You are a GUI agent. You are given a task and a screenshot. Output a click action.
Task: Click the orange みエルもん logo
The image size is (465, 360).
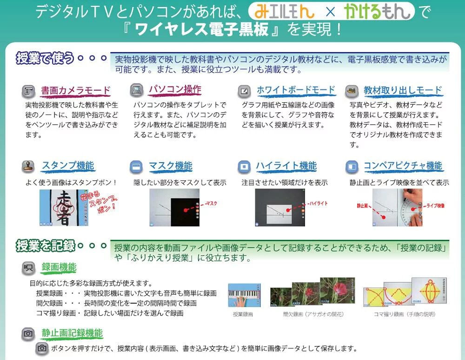[x=284, y=12]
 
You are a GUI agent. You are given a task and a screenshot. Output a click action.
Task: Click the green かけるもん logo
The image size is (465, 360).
[x=377, y=11]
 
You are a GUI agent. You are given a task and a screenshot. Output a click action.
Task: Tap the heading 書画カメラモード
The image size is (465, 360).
[x=76, y=91]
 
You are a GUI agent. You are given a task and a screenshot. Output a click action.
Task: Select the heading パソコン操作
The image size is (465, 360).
[x=175, y=90]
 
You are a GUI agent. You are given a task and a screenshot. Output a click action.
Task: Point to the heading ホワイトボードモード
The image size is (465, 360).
[x=296, y=90]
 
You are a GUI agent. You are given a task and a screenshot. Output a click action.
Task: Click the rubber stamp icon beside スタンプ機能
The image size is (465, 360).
[x=28, y=166]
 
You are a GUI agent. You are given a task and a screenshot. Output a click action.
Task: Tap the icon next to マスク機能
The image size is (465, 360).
[x=136, y=167]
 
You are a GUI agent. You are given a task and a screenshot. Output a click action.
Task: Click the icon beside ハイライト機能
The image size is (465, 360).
[x=244, y=167]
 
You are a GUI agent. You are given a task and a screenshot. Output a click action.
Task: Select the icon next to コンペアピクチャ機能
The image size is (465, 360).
[x=352, y=167]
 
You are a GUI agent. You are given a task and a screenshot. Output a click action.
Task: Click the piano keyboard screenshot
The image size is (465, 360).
[x=245, y=295]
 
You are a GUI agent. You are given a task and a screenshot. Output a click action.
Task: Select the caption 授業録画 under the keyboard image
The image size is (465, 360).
[x=243, y=314]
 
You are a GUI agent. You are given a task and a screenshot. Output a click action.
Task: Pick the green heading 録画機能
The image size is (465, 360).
[x=59, y=267]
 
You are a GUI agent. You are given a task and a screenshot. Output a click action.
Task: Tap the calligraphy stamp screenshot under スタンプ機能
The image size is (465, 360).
[x=64, y=208]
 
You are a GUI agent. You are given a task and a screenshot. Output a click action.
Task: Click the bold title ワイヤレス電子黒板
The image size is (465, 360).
[x=202, y=30]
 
